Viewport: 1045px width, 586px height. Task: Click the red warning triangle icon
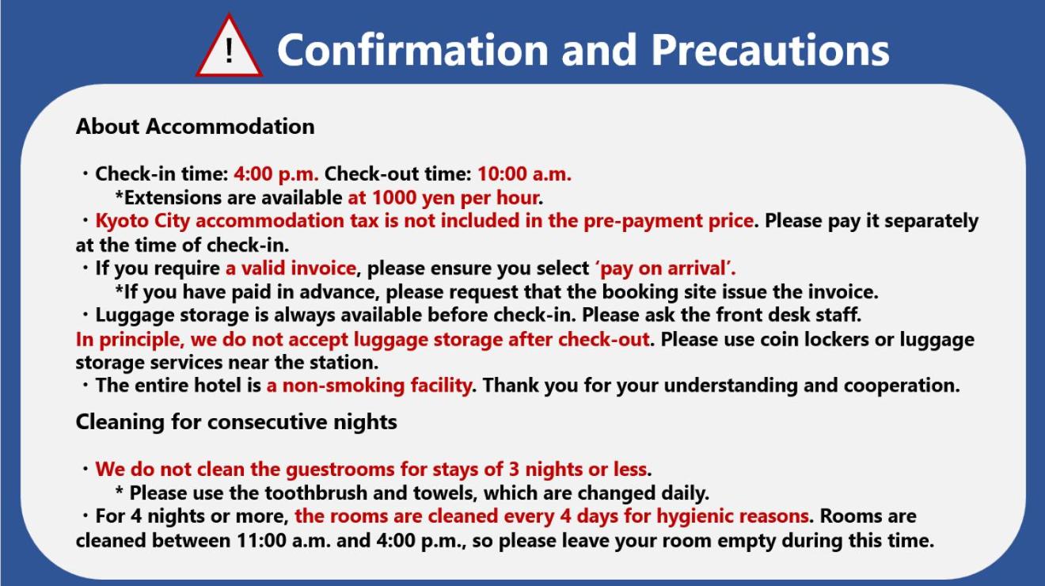[229, 47]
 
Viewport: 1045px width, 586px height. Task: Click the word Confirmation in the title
[413, 50]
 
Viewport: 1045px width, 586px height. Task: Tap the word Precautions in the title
[770, 50]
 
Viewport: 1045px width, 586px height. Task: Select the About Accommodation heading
[195, 127]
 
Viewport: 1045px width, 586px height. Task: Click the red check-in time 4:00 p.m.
[276, 174]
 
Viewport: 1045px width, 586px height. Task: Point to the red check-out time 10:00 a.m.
[524, 174]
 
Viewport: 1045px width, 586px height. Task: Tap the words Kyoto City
[142, 221]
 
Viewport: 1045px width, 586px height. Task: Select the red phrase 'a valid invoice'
[291, 268]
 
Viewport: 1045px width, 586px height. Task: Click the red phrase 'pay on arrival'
[664, 268]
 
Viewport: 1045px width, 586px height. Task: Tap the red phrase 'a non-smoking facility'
[369, 386]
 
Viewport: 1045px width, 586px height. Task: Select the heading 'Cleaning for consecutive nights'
[237, 422]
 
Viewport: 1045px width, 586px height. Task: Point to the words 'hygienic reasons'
[732, 516]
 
